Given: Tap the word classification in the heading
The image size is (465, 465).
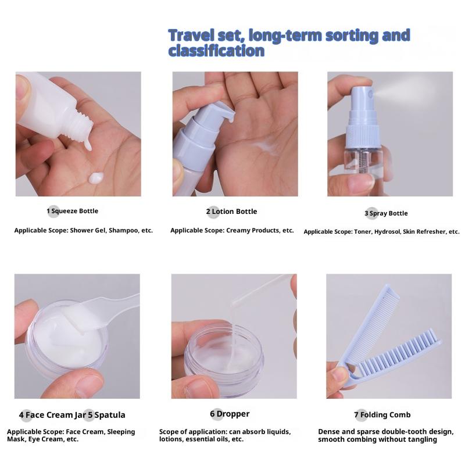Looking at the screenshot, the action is click(216, 51).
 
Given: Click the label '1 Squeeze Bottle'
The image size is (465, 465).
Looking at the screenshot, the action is click(72, 211).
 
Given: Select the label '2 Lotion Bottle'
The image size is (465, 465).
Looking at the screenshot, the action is click(231, 212).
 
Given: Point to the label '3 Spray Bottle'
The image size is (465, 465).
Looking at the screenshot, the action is click(386, 213).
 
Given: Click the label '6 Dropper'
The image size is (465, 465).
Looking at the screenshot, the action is click(230, 414).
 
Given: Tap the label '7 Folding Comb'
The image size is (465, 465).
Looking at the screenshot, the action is click(382, 414).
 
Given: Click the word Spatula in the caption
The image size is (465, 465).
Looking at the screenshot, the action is click(110, 415).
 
